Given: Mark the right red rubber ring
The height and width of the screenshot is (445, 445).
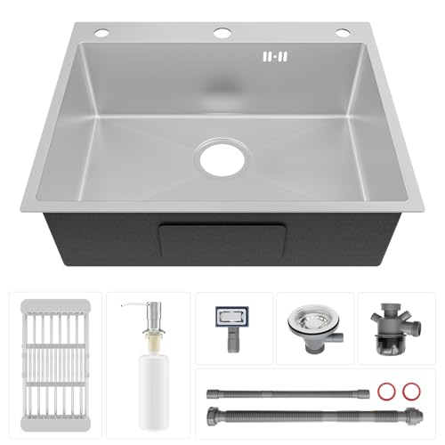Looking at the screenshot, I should point(410,392).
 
